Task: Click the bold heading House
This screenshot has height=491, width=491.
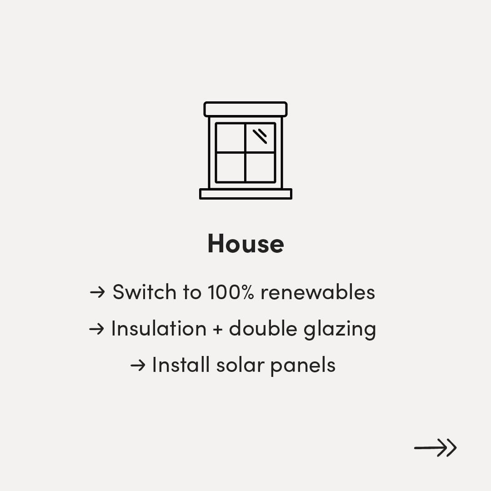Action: click(x=246, y=243)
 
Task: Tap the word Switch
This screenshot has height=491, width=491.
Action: click(x=145, y=292)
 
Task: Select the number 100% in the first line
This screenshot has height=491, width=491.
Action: click(x=230, y=292)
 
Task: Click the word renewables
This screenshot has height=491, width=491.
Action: click(x=318, y=292)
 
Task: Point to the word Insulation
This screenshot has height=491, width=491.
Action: click(x=159, y=329)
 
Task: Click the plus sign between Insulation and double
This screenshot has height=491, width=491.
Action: click(x=218, y=330)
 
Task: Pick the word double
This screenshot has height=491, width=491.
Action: click(x=263, y=329)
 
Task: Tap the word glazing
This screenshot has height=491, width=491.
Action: click(x=340, y=330)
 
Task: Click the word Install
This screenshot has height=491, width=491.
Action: click(x=180, y=365)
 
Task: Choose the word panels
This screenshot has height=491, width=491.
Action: click(x=303, y=366)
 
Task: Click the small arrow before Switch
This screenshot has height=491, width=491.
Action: click(x=97, y=292)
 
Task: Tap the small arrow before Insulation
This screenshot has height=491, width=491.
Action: click(x=96, y=329)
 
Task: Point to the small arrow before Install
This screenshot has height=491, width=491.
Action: click(x=138, y=366)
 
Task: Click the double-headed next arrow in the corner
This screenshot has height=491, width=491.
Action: click(x=435, y=448)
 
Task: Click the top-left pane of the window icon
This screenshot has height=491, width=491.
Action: click(x=230, y=138)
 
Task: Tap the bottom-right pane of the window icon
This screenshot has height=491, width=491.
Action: click(x=260, y=167)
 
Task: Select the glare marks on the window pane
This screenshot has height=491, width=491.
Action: click(x=260, y=136)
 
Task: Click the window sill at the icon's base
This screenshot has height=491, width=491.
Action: click(x=246, y=194)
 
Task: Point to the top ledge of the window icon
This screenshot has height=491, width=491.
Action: click(x=245, y=109)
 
